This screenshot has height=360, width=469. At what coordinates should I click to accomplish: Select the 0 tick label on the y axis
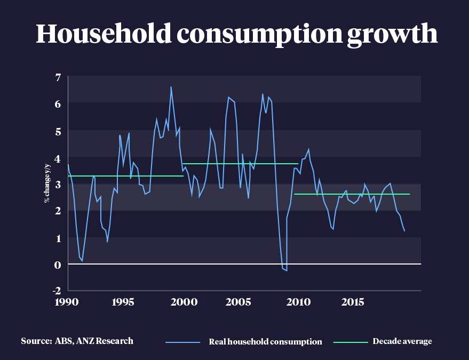point(58,265)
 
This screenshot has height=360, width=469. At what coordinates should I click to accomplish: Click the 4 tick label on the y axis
point(58,157)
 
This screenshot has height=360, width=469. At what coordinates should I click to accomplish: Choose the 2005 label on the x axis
point(239,302)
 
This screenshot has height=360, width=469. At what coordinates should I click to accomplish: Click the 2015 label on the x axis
point(353,302)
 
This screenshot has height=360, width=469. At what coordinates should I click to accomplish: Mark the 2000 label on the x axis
point(182,302)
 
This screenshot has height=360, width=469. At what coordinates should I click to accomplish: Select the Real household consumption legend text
point(265,341)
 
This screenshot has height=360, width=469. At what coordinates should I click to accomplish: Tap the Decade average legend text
point(402,341)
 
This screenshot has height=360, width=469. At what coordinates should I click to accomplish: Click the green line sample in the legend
point(351,341)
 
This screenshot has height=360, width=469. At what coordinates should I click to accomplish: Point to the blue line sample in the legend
point(182,341)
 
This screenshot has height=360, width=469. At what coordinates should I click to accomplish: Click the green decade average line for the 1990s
point(125,176)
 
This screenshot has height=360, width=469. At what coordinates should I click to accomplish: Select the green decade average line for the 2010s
point(352,194)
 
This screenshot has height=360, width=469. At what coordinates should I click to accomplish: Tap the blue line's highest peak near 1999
point(171,87)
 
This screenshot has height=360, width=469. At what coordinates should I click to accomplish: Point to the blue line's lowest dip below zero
point(287,270)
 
